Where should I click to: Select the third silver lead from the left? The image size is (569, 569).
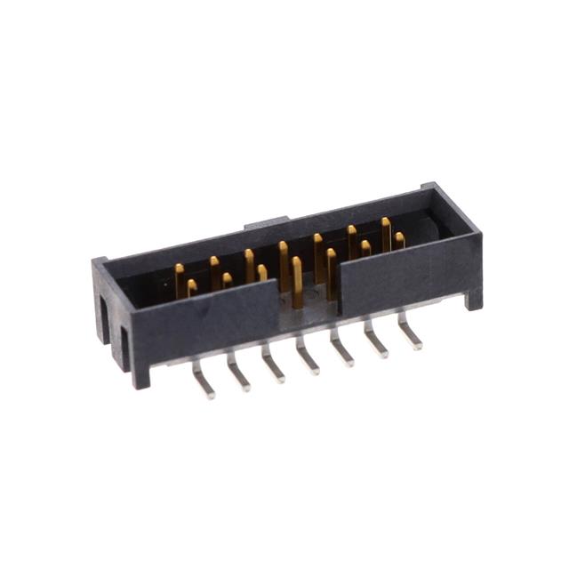pos(273,369)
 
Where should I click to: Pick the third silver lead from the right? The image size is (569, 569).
pos(343,352)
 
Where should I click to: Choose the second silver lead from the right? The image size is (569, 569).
pos(376,345)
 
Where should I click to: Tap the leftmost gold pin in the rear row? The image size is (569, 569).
pos(180,277)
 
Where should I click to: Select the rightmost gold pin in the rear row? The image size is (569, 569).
pos(386,233)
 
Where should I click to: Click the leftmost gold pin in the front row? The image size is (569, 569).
pos(192,288)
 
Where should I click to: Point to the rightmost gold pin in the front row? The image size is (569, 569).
pos(399,240)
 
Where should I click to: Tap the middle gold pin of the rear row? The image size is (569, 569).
pos(284,262)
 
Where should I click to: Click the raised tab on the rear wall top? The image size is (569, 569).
pos(267,220)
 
